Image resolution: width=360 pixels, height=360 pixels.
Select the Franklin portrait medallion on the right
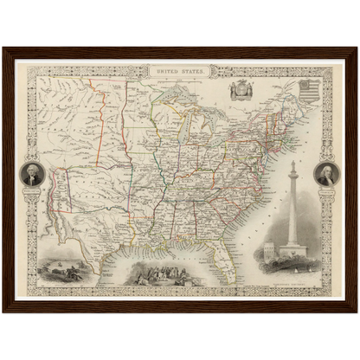coord(326,175)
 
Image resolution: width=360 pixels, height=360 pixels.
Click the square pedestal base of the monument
coord(292,252)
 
